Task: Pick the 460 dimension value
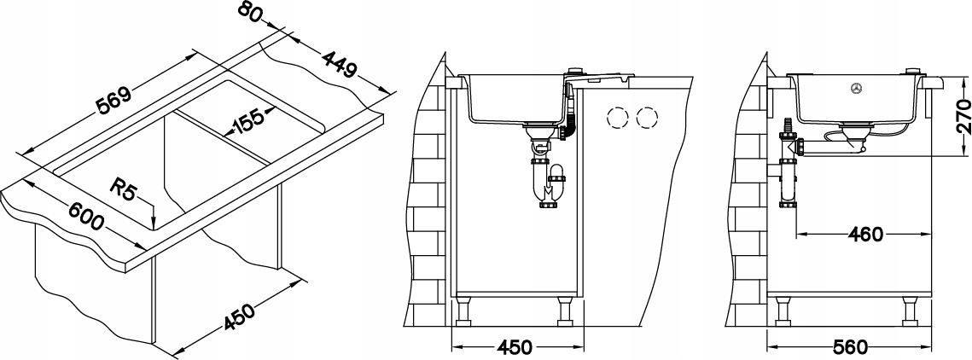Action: pos(864,235)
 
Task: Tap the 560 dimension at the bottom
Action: pos(850,347)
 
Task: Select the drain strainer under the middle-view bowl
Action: pos(535,132)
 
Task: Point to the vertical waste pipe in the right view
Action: pos(788,180)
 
